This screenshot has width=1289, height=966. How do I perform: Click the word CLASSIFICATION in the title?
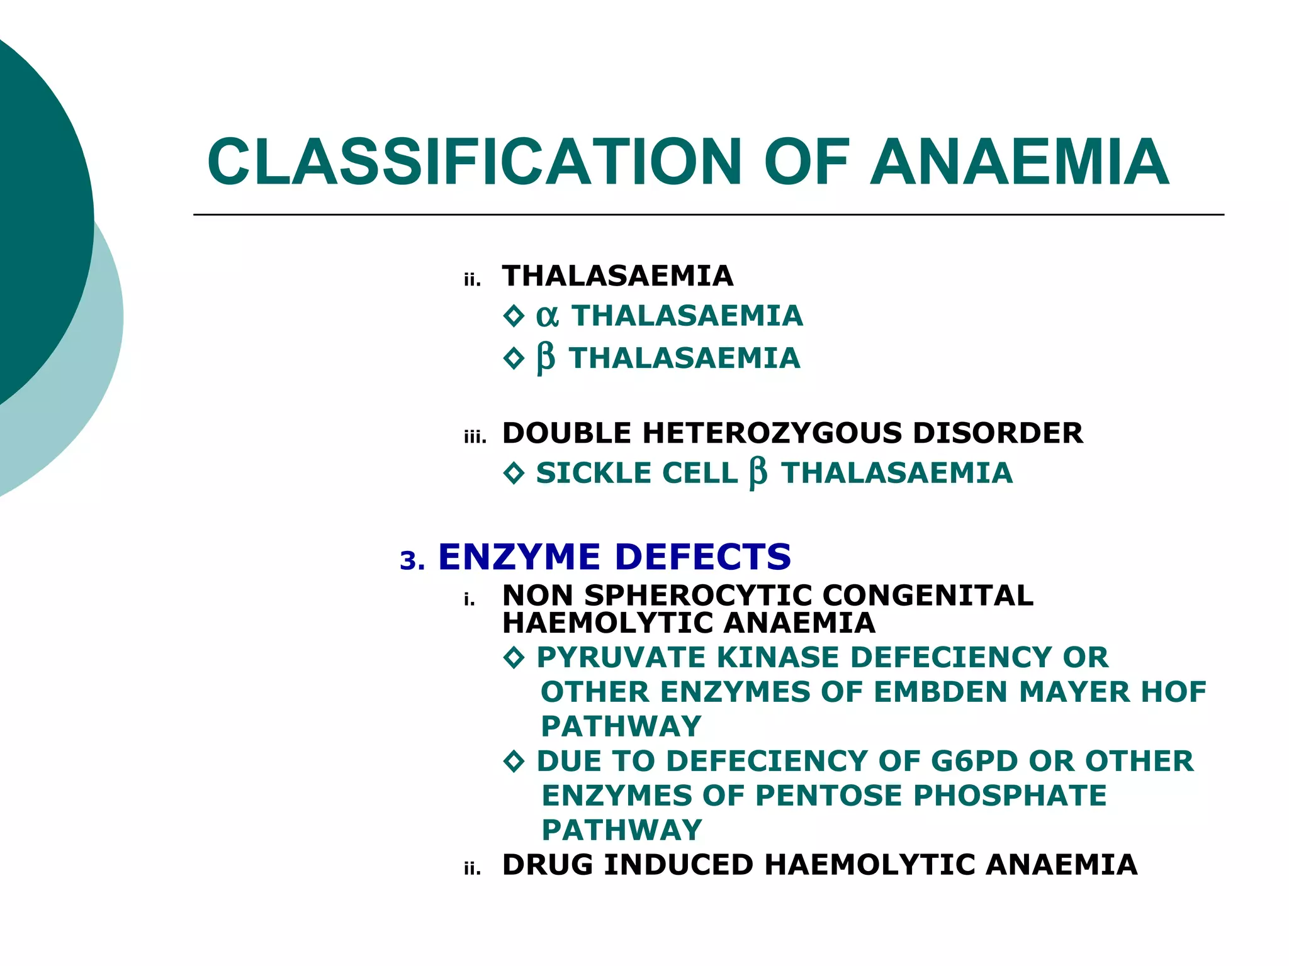(x=475, y=162)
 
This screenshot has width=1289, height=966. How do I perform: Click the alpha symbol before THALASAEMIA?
(x=547, y=316)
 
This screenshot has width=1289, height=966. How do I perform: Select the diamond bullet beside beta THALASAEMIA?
(x=514, y=358)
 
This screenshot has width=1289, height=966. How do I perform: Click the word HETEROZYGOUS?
(x=772, y=433)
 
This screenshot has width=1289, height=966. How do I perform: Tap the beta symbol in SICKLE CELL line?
(x=758, y=473)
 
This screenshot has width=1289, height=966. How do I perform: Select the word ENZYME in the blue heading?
(x=519, y=557)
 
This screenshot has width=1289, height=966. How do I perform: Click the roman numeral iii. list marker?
(x=475, y=437)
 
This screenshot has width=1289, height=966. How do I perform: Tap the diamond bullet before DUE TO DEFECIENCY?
(x=514, y=762)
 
